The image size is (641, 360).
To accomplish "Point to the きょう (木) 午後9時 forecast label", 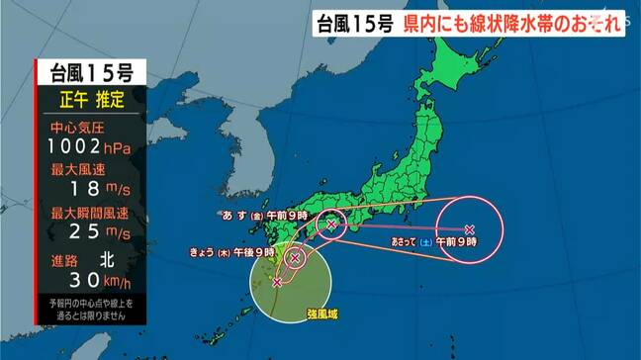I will point(229,252).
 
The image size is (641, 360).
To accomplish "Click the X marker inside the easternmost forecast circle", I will point(468,226).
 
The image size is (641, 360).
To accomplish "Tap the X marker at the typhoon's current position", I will point(277,283).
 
